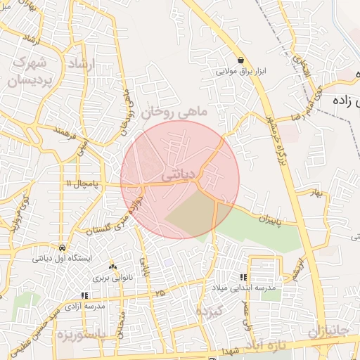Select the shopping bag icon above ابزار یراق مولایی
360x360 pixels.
(241, 60)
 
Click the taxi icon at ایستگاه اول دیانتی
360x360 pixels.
(63, 248)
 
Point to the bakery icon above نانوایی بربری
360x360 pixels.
(112, 266)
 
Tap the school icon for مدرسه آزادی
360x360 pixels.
(84, 296)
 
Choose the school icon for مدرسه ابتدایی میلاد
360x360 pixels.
(244, 278)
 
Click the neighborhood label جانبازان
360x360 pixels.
(328, 330)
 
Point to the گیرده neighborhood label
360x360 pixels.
(210, 310)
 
